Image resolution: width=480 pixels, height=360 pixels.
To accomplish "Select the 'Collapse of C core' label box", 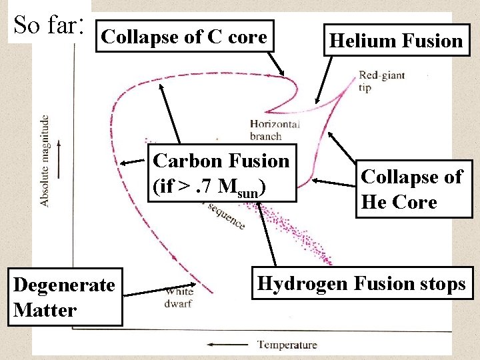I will pos(185,37).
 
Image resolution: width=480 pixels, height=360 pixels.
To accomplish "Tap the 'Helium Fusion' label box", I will pos(396,41).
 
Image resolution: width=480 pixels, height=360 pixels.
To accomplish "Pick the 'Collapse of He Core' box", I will pos(411,189).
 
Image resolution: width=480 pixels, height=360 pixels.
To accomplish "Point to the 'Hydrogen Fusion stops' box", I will pos(361,284).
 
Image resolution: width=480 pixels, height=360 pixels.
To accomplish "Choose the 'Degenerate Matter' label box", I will pos(64,297).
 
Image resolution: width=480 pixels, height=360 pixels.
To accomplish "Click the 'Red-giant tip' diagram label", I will pos(381,81).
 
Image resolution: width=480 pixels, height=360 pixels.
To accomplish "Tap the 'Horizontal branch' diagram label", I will pos(274,130).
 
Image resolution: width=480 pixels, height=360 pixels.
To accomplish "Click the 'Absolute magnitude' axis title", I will pos(44,161).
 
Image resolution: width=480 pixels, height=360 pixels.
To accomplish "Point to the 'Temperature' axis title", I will pos(287,345).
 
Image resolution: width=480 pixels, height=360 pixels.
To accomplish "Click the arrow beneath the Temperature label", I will pos(229,345).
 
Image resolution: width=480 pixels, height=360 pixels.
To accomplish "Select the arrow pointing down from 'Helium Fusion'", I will pos(327,80).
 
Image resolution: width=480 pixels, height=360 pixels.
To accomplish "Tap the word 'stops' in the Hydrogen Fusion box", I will pos(437,284).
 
